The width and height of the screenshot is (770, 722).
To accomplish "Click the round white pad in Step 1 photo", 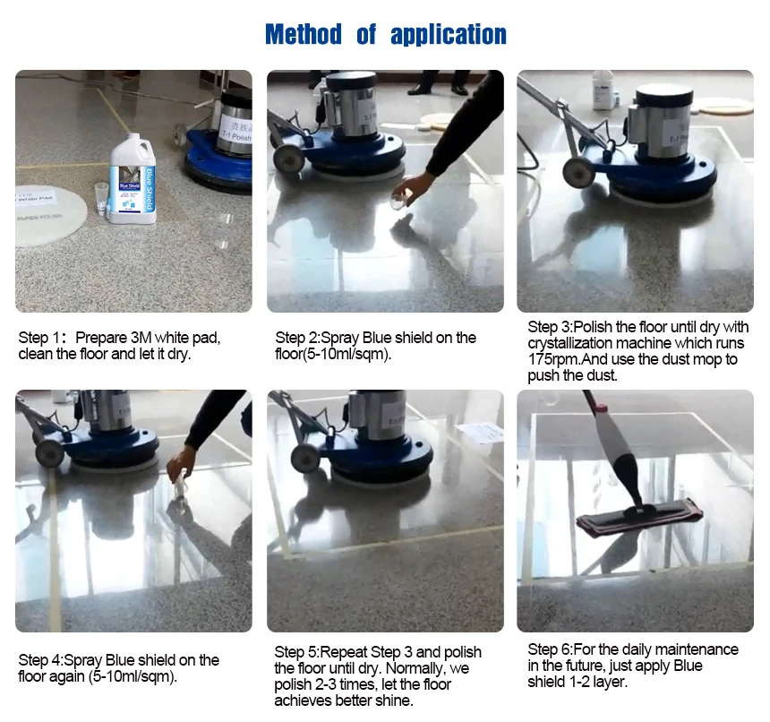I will [x=50, y=215].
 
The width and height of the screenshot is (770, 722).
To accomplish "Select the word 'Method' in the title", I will [x=304, y=35].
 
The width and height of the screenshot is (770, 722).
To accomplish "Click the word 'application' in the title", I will [x=449, y=36].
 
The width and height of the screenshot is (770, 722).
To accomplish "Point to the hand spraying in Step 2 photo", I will [x=413, y=186].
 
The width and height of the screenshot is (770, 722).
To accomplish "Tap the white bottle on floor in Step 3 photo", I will [x=603, y=90].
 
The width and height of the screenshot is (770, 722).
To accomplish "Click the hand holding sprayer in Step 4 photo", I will [x=182, y=463].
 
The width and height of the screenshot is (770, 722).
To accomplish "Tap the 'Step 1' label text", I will [x=41, y=338].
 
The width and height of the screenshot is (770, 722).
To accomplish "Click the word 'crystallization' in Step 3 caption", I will [x=575, y=343].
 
